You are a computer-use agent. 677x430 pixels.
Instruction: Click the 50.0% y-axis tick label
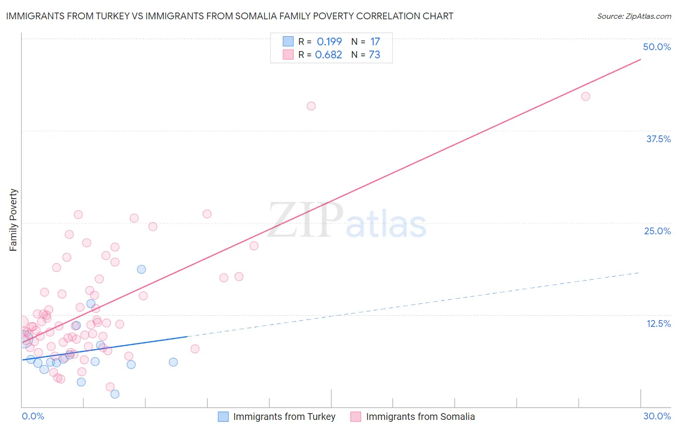tap(657, 47)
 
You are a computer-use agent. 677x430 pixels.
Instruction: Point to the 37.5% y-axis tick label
tap(658, 139)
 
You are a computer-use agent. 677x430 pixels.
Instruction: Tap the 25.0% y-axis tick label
tap(657, 231)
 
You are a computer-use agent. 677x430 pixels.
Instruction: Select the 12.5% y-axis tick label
tap(658, 323)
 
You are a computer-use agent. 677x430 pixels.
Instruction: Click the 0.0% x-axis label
tap(33, 416)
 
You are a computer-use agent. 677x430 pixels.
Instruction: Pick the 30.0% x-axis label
tap(657, 416)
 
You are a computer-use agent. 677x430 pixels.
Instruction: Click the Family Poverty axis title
tap(13, 220)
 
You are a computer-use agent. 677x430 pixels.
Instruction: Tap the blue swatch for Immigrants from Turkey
tap(223, 417)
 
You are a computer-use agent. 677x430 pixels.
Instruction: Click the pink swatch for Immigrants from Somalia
tap(356, 417)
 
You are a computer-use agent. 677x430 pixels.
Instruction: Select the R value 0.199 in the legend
tap(329, 41)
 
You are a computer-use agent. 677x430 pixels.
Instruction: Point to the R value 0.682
tap(328, 54)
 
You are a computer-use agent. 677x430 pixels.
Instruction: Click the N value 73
tap(374, 54)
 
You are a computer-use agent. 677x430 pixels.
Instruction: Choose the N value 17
tap(375, 41)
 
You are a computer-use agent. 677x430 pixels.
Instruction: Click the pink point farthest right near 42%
tap(586, 96)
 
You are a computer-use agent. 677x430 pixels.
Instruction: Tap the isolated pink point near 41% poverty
tap(311, 106)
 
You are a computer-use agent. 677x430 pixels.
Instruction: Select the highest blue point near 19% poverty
tap(142, 269)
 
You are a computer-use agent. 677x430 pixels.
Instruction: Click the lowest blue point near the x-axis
tap(115, 394)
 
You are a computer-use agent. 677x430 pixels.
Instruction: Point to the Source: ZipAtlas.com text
tap(634, 16)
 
